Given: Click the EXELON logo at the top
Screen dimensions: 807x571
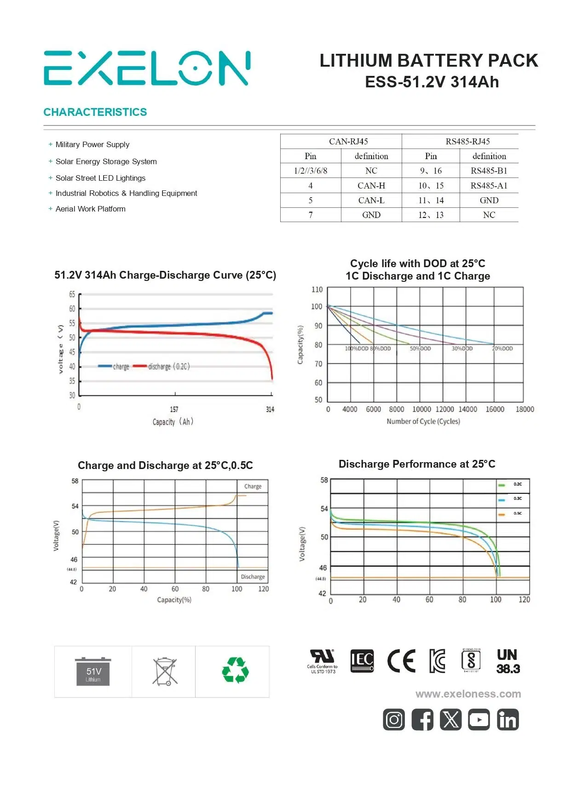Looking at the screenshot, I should point(147,69).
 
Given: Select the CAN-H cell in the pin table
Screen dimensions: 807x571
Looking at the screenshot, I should point(371,186).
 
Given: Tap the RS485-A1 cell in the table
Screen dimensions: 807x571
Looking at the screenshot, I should point(489,186).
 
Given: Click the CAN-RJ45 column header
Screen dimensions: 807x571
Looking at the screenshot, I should point(348,142).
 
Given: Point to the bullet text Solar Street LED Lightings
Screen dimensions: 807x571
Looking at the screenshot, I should point(100,178).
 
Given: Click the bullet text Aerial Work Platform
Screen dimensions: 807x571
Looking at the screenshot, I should point(91,209).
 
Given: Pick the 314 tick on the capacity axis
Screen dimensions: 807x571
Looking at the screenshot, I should point(270,409).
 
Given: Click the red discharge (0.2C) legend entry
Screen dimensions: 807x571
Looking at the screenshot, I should point(162,366).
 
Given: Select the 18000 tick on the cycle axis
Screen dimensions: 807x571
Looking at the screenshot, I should point(525,409).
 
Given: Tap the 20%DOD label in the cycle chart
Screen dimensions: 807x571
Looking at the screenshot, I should point(502,349).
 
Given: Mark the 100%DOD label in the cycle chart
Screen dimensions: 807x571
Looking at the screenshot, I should point(357,349).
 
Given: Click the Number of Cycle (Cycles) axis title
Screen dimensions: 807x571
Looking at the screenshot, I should point(423,421).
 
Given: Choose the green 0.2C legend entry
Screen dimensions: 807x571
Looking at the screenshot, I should point(510,484).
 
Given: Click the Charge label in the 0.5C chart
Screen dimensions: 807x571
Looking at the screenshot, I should point(253,486).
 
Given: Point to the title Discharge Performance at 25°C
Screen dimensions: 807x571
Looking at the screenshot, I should point(417,464).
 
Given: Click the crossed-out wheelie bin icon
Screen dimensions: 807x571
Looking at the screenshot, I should point(165,672).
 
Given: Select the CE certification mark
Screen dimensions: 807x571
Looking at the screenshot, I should point(401,661).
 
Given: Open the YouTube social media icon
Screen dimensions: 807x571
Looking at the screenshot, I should point(479,720).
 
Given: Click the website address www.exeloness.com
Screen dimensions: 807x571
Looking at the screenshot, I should point(468,694).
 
